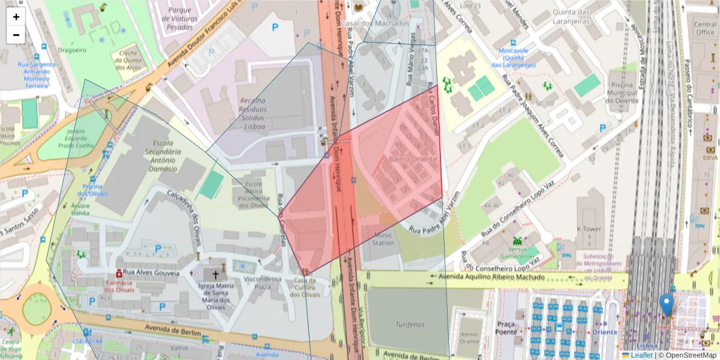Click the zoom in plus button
[16, 17]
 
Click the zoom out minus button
[16, 35]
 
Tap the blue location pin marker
[666, 304]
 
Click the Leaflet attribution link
[641, 355]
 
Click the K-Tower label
[589, 229]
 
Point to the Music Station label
[384, 239]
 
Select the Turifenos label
[410, 325]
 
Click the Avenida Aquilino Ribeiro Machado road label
[492, 278]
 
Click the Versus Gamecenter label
[517, 253]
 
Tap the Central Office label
[705, 28]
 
